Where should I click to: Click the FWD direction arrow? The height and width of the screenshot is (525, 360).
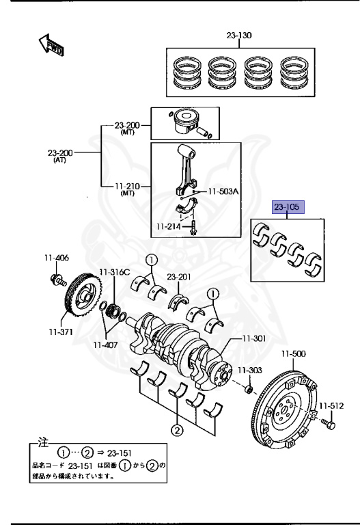[x=51, y=46]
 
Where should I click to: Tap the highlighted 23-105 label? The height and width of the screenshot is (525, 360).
[x=287, y=206]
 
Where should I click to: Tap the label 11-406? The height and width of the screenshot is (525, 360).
[x=57, y=258]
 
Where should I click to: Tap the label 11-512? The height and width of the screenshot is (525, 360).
[x=333, y=405]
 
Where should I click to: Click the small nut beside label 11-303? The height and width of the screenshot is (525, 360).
[x=249, y=390]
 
